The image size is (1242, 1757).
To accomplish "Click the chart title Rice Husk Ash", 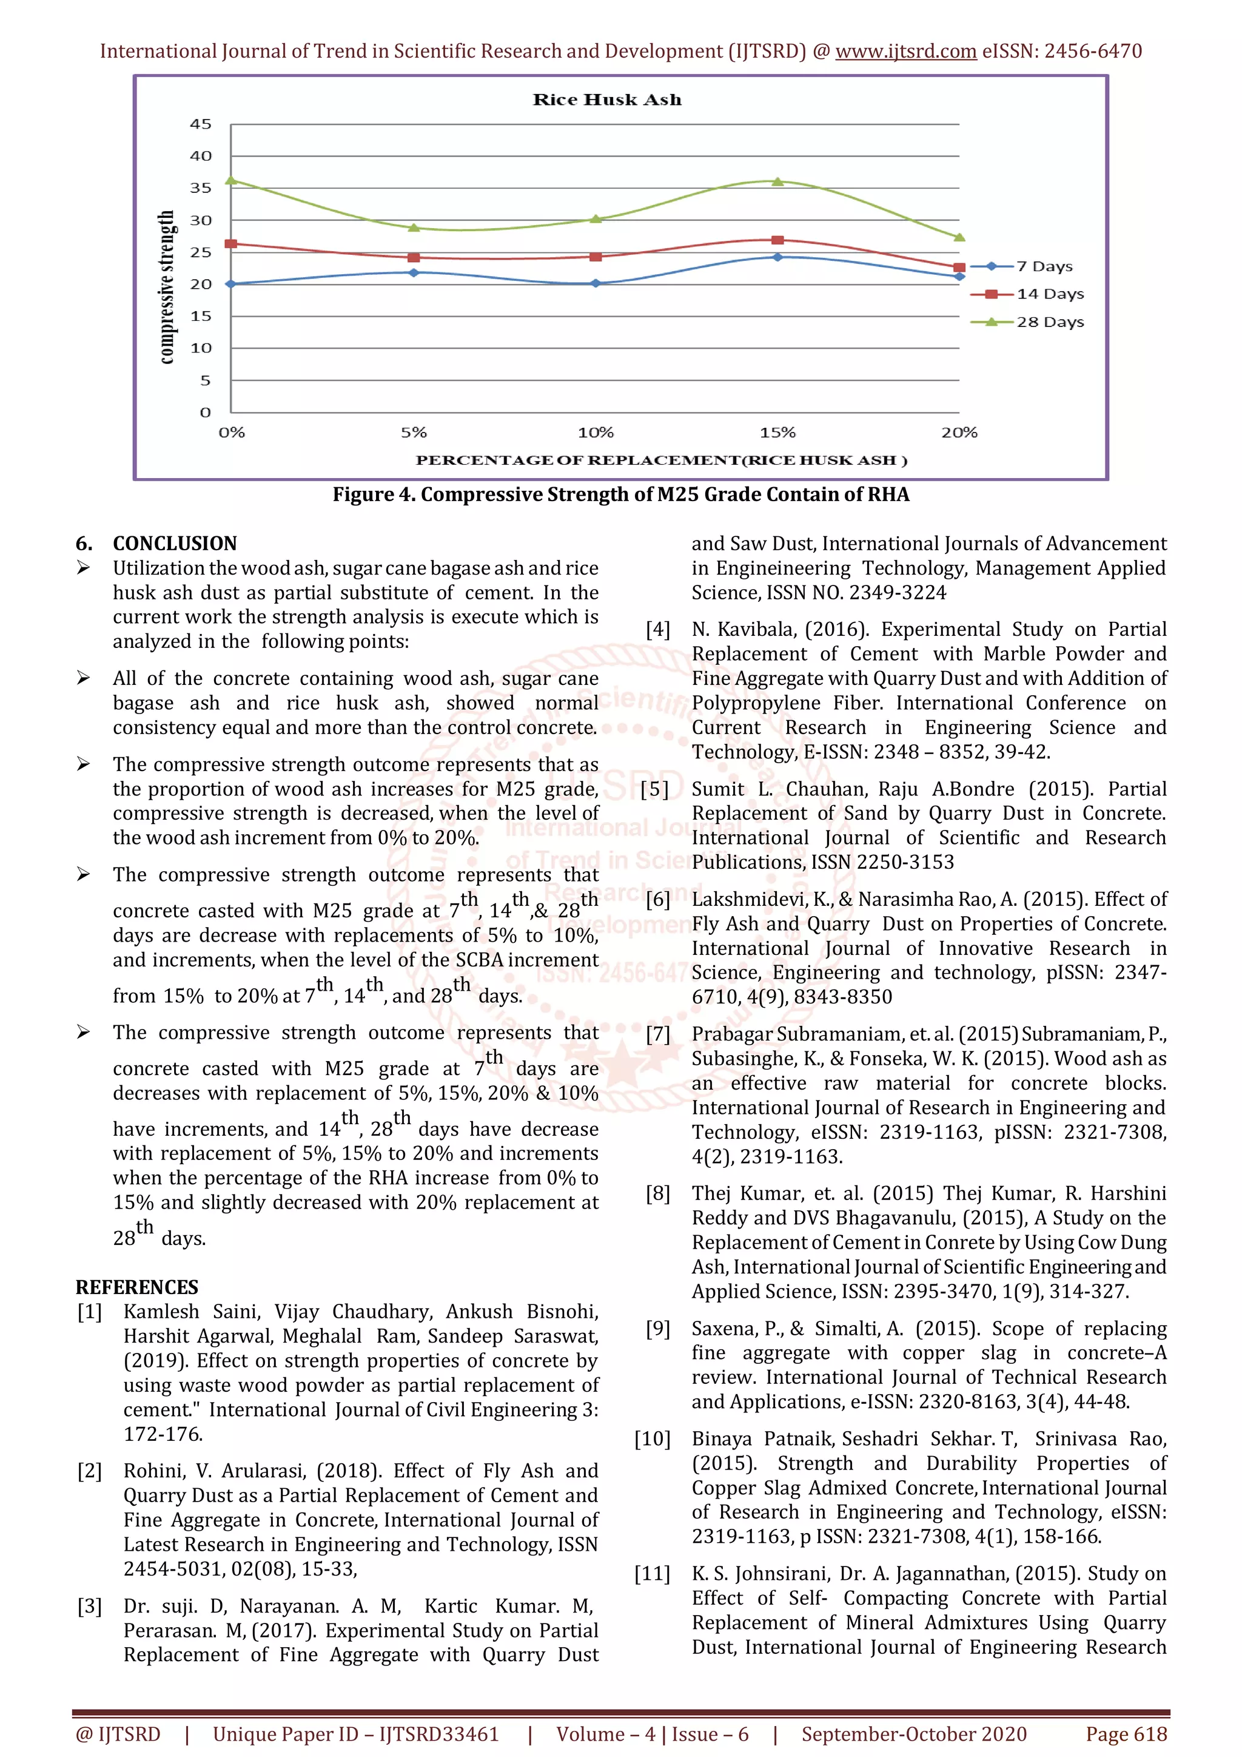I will pyautogui.click(x=606, y=99).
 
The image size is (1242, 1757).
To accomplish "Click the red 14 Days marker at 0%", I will pyautogui.click(x=231, y=244).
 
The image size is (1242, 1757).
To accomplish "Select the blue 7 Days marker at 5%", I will pyautogui.click(x=414, y=272).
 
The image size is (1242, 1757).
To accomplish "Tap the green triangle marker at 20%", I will pyautogui.click(x=959, y=237).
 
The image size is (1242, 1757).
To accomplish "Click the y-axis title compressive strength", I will pyautogui.click(x=166, y=287).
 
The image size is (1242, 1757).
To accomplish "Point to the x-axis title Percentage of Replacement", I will pyautogui.click(x=661, y=460).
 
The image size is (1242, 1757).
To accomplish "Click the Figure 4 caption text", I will pyautogui.click(x=620, y=494).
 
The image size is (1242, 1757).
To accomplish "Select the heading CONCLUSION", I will pyautogui.click(x=175, y=544).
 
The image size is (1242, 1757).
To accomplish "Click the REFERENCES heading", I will pyautogui.click(x=137, y=1287).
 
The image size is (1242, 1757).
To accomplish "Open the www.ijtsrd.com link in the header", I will pyautogui.click(x=905, y=52).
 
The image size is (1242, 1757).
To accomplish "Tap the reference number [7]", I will pyautogui.click(x=658, y=1034).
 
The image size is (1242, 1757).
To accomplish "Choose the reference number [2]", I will pyautogui.click(x=90, y=1471).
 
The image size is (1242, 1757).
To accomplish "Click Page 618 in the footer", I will pyautogui.click(x=1126, y=1734).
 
